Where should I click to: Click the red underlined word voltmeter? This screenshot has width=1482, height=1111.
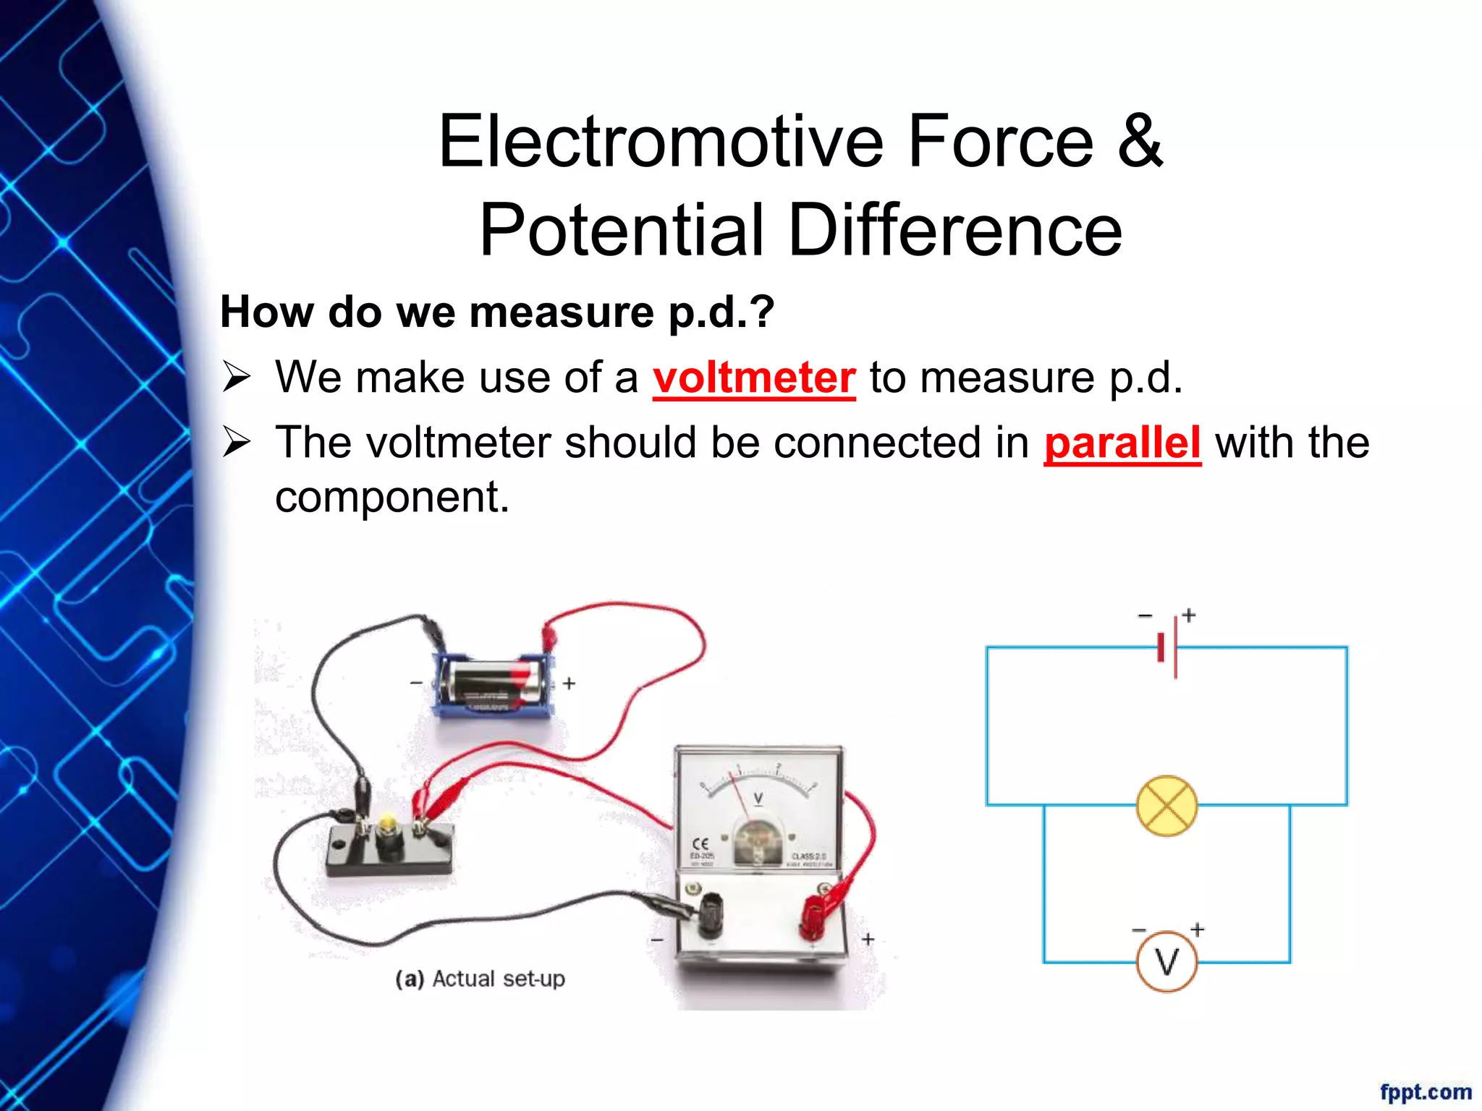tap(754, 378)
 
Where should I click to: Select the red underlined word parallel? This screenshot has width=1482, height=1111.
tap(1122, 443)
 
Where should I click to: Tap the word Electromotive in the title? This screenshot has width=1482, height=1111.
tap(661, 142)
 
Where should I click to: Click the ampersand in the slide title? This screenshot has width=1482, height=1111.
tap(1140, 142)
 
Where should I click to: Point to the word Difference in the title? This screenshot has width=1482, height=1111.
tap(954, 230)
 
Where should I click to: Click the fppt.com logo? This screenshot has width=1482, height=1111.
tap(1425, 1091)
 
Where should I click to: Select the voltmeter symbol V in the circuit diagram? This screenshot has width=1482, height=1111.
tap(1166, 961)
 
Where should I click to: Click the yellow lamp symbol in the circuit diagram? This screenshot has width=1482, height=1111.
tap(1166, 806)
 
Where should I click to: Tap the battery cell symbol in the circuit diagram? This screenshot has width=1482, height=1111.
tap(1168, 647)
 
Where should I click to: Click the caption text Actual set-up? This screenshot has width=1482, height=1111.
tap(498, 979)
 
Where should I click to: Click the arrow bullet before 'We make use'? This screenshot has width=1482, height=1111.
tap(236, 378)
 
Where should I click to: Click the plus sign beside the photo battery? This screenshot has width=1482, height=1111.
tap(569, 683)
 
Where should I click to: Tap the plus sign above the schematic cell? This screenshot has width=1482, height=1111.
tap(1188, 615)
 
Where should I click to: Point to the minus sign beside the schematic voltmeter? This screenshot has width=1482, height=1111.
tap(1139, 930)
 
